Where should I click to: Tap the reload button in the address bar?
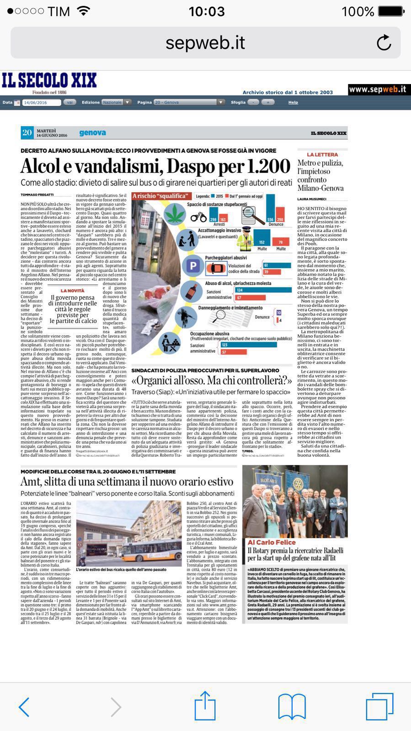[384, 42]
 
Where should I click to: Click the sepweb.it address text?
[205, 42]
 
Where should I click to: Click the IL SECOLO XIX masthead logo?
[49, 81]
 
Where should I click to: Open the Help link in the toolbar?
[293, 102]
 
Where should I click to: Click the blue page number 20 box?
[27, 132]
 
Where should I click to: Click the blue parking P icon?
[192, 266]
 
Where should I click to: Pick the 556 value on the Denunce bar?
[270, 220]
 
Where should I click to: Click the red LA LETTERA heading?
[322, 155]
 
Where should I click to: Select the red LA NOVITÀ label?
[73, 291]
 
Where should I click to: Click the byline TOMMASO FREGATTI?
[37, 195]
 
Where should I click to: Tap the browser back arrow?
[24, 707]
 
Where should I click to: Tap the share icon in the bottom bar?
[205, 706]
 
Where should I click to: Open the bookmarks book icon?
[292, 706]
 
